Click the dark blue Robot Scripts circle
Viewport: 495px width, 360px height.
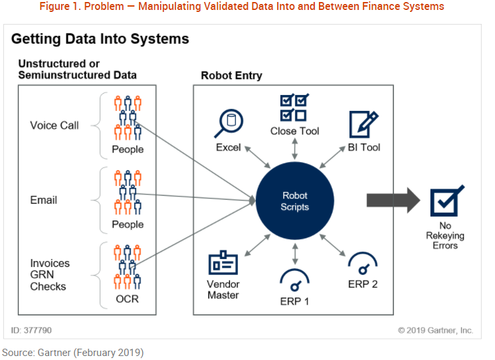click(295, 201)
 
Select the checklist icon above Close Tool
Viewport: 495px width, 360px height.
click(294, 106)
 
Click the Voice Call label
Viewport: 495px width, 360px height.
click(54, 126)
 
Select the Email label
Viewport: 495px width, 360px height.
click(44, 200)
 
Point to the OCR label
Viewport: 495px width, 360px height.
click(127, 299)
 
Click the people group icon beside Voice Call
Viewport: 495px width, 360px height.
click(128, 117)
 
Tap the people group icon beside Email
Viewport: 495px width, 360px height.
click(128, 192)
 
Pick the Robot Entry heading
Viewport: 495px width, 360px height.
click(231, 76)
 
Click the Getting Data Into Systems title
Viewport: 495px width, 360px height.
click(100, 39)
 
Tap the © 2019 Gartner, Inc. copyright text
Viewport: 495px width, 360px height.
click(435, 330)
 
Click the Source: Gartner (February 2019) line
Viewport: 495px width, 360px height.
click(73, 352)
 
